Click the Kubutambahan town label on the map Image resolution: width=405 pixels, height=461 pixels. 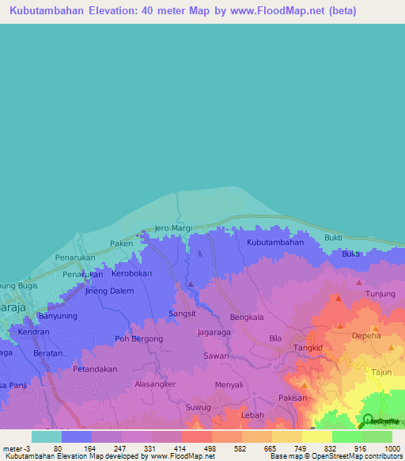click(275, 242)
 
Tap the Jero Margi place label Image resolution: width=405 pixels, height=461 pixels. click(172, 228)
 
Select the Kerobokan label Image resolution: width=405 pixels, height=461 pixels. click(131, 273)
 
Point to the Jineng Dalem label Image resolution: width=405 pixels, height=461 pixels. click(109, 291)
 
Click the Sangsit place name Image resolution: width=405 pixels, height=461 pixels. click(183, 314)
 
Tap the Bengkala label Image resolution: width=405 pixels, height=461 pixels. click(246, 317)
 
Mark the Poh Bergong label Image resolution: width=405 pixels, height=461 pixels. click(139, 339)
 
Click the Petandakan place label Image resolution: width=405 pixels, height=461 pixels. click(95, 369)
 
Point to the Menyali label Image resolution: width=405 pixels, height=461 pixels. click(229, 385)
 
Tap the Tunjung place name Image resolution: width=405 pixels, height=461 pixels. click(380, 294)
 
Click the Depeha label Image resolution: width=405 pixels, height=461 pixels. click(366, 335)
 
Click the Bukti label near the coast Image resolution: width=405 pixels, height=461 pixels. click(333, 238)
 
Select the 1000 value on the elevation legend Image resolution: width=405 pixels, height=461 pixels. click(392, 448)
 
